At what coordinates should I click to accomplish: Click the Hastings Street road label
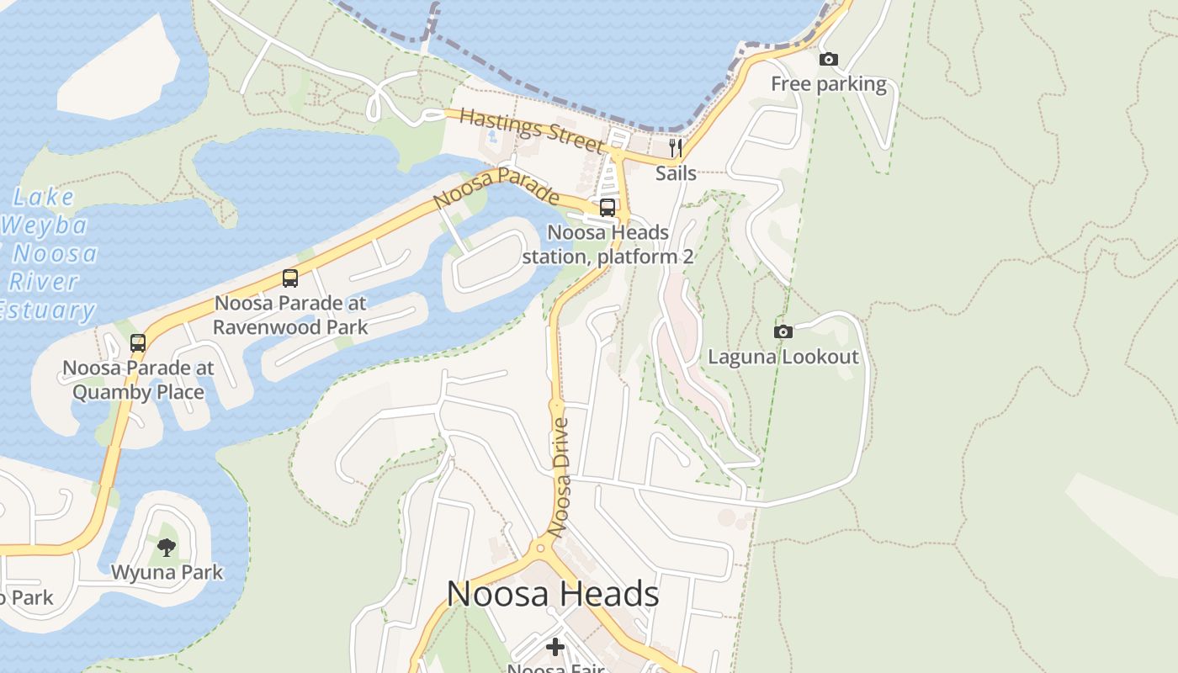pyautogui.click(x=532, y=131)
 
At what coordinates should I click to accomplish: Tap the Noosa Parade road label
pyautogui.click(x=496, y=187)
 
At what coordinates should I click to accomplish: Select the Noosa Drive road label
pyautogui.click(x=559, y=477)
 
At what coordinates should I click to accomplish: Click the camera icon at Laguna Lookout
pyautogui.click(x=783, y=331)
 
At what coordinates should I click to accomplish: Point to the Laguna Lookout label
pyautogui.click(x=783, y=357)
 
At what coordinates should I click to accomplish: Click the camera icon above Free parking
pyautogui.click(x=829, y=59)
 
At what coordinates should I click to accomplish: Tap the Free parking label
pyautogui.click(x=829, y=84)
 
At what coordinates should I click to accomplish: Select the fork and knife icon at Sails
pyautogui.click(x=676, y=148)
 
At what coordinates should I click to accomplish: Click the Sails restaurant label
pyautogui.click(x=676, y=173)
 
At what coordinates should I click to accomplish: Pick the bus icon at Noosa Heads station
pyautogui.click(x=608, y=207)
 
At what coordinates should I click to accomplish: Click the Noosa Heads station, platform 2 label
pyautogui.click(x=608, y=244)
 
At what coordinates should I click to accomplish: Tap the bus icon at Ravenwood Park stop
pyautogui.click(x=290, y=278)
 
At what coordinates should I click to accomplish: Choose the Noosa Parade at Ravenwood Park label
pyautogui.click(x=290, y=315)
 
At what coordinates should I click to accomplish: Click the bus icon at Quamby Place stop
pyautogui.click(x=138, y=342)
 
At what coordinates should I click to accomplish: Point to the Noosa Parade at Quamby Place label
pyautogui.click(x=138, y=379)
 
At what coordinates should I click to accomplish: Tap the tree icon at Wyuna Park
pyautogui.click(x=167, y=548)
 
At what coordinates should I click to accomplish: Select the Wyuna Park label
pyautogui.click(x=167, y=573)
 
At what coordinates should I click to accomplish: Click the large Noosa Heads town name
pyautogui.click(x=553, y=594)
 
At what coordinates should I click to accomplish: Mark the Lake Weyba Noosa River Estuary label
pyautogui.click(x=46, y=253)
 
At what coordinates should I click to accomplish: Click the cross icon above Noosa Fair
pyautogui.click(x=555, y=646)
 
